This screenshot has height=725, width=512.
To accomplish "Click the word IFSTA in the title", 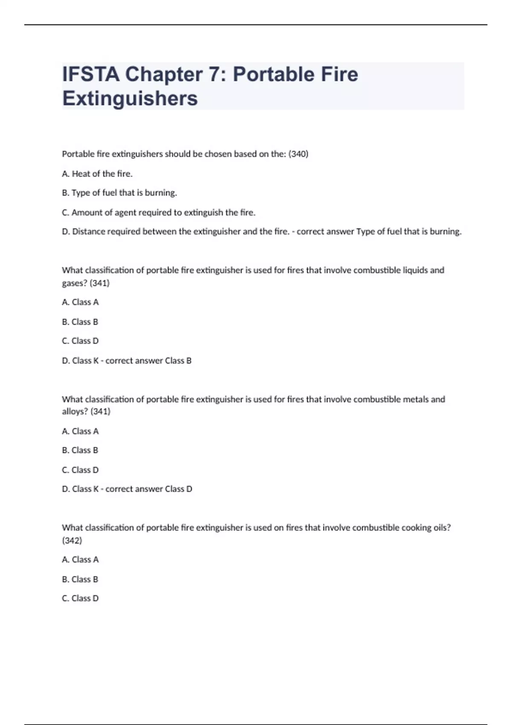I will [91, 74].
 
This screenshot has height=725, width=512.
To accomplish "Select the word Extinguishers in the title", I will [130, 99].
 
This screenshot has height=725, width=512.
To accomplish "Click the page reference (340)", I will [298, 154].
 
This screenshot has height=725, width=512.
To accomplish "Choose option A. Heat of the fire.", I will [97, 174].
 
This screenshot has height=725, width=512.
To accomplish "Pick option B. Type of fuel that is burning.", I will [119, 193].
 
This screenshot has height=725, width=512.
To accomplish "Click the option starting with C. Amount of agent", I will [159, 212].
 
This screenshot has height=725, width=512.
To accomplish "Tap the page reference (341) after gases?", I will [100, 283].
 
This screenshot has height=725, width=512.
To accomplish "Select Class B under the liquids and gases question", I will [80, 322].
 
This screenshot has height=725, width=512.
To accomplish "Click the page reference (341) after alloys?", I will [101, 412].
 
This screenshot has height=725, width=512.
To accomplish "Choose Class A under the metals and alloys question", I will [80, 431].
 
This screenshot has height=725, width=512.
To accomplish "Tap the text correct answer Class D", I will [149, 489].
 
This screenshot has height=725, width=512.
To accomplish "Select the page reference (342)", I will [72, 540].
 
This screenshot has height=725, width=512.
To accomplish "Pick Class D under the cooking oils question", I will [80, 598].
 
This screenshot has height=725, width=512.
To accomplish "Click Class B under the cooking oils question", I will [80, 579].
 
